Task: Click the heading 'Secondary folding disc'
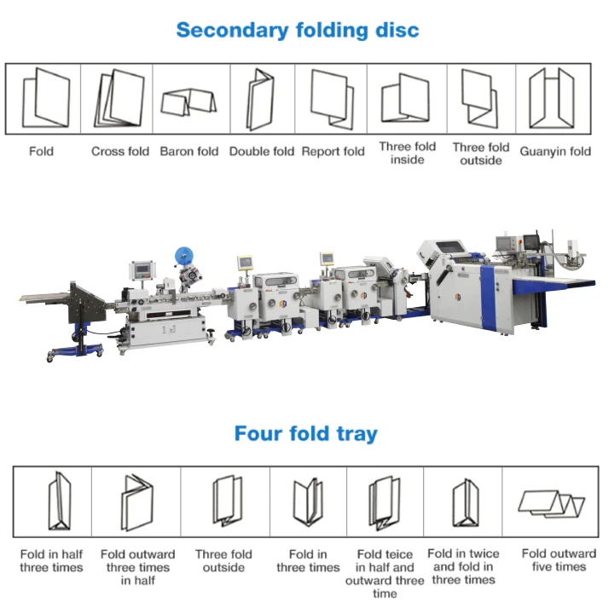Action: coord(298,30)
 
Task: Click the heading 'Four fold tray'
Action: coord(305,433)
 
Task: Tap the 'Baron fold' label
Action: coord(189,152)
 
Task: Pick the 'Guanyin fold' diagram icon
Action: coord(550,98)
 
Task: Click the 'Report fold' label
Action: coord(333,152)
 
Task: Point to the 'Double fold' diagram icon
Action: coord(260,99)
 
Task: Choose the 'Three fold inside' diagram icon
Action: coord(405,99)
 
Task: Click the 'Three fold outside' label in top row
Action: coord(480,153)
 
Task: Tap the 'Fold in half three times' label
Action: coord(51,560)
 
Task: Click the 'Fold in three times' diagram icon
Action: coord(308,502)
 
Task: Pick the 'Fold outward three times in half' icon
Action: coord(136,502)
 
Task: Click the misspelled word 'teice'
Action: coord(399,553)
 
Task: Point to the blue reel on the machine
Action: coord(183,256)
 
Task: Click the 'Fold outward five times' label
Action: coord(559,560)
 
